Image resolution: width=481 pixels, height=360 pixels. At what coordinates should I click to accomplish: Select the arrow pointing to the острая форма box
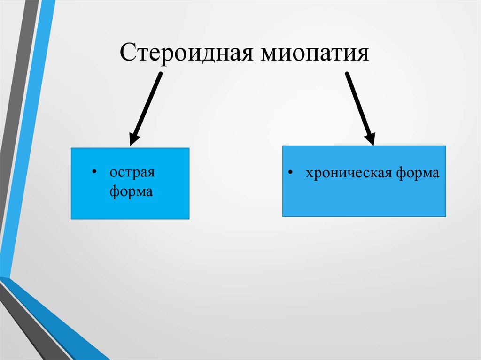(x=147, y=107)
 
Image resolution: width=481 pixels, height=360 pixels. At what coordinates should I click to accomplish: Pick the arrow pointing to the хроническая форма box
(x=359, y=107)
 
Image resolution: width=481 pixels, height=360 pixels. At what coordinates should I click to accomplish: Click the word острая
(x=132, y=173)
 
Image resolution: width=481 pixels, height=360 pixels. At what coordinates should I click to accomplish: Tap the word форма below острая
(x=132, y=191)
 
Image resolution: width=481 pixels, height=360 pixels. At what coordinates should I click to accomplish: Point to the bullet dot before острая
(x=95, y=172)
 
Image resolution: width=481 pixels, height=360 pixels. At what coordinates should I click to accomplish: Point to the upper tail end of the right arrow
(x=348, y=75)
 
